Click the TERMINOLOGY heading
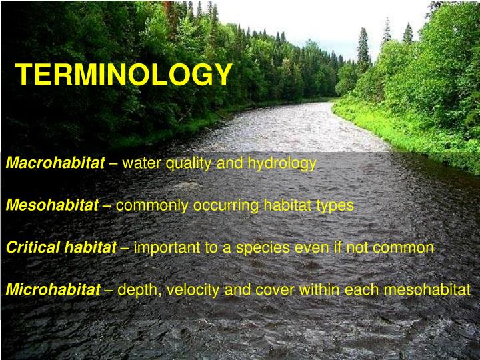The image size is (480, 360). click(124, 75)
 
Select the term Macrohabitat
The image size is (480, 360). click(55, 163)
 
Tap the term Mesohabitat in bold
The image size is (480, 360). click(52, 205)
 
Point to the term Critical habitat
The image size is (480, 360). click(61, 247)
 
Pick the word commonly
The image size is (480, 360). click(153, 206)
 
